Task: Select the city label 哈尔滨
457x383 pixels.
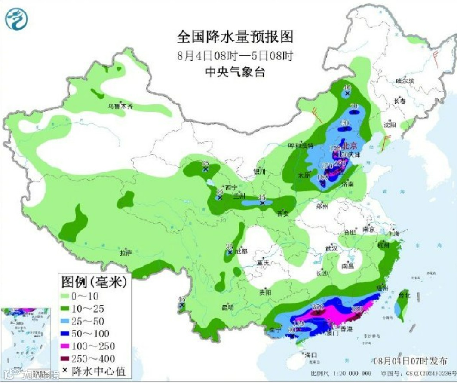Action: click(405, 80)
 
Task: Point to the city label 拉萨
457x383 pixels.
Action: click(126, 253)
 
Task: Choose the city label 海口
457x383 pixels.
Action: click(310, 355)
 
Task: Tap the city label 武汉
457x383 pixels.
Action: click(331, 249)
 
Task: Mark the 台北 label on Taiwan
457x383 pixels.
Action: click(404, 296)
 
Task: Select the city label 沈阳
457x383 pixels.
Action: click(390, 125)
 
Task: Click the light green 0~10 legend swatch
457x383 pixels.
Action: click(71, 296)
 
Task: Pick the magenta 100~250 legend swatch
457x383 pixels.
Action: click(71, 346)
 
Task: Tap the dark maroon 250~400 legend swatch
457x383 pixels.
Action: click(71, 358)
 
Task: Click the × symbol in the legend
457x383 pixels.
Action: click(65, 371)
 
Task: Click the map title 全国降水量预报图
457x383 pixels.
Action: click(235, 37)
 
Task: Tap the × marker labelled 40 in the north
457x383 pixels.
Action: click(347, 93)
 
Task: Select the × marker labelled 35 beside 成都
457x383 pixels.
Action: click(230, 252)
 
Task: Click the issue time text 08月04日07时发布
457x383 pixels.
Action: click(410, 360)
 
